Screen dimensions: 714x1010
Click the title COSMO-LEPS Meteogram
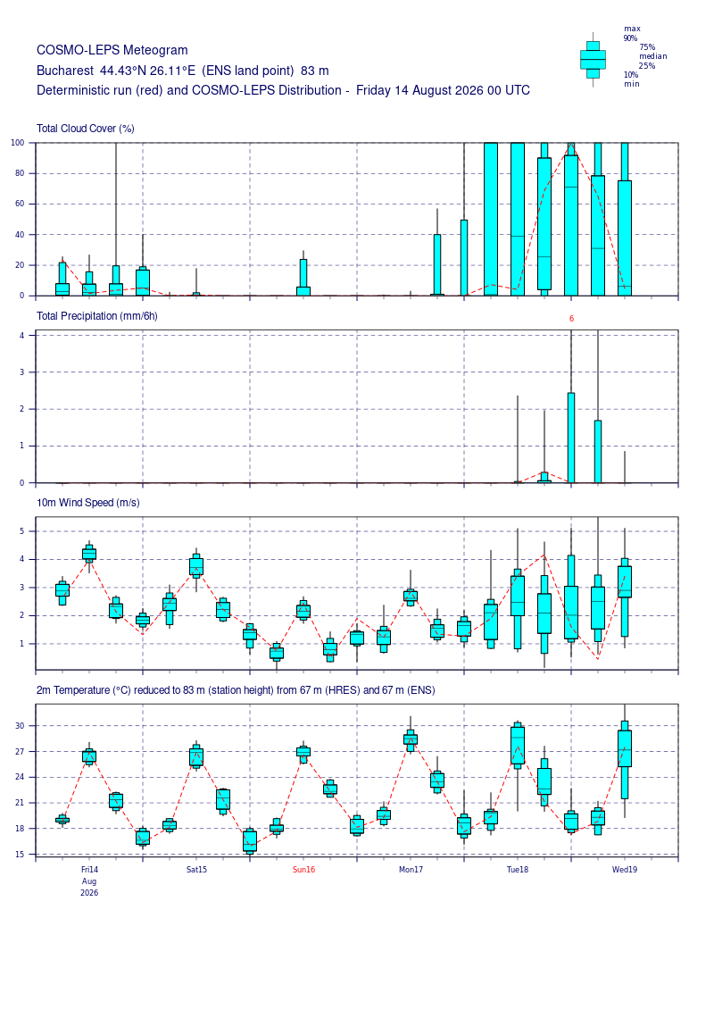click(112, 50)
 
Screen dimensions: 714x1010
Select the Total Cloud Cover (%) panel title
click(86, 129)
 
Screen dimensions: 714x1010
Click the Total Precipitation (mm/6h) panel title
click(97, 315)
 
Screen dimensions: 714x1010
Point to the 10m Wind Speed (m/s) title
click(88, 503)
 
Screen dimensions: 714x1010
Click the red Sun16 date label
click(303, 870)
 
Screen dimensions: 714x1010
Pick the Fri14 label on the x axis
click(89, 870)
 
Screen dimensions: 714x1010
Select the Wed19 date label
click(625, 870)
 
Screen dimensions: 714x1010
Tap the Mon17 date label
click(411, 870)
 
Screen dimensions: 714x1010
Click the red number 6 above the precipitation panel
click(572, 318)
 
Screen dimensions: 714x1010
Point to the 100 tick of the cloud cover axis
click(17, 143)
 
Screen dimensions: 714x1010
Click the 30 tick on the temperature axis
click(20, 726)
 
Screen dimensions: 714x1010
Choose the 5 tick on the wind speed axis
click(22, 531)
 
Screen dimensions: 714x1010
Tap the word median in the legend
click(652, 56)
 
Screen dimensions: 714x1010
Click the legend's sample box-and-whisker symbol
click(593, 59)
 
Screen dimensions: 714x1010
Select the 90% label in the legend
click(630, 38)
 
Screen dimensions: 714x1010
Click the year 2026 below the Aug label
click(89, 893)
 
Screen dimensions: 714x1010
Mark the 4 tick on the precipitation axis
click(22, 336)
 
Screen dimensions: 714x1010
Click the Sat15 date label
click(197, 870)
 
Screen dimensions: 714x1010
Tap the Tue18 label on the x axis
click(518, 870)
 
